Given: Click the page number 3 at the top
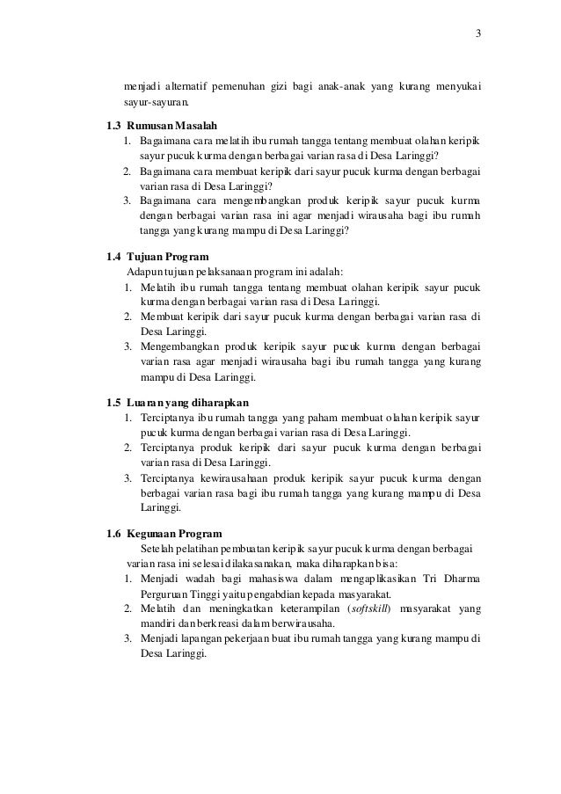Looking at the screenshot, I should (478, 34).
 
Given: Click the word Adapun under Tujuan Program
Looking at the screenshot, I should (145, 273).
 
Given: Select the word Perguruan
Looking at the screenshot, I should (164, 594).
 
